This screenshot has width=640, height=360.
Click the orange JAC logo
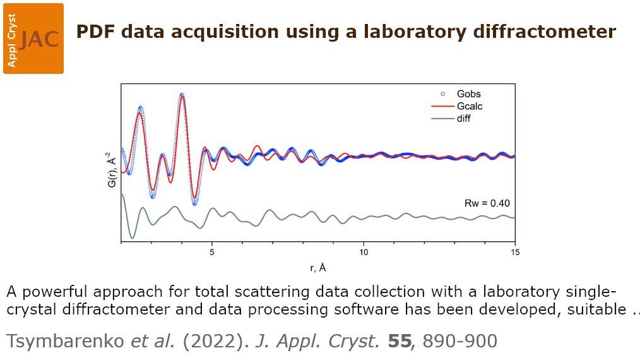tap(33, 38)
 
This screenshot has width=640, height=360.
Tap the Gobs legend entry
tap(467, 93)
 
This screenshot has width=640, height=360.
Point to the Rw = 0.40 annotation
tap(487, 203)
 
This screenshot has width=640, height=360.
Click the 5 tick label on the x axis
tap(213, 251)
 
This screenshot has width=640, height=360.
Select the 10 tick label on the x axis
tap(364, 251)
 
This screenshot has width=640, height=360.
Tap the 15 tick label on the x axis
tap(515, 251)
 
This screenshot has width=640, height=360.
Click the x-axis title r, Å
tap(318, 267)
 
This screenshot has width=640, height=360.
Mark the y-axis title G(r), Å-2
tap(112, 169)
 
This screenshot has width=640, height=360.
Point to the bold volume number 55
tap(400, 342)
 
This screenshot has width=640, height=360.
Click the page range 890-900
tap(460, 342)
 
